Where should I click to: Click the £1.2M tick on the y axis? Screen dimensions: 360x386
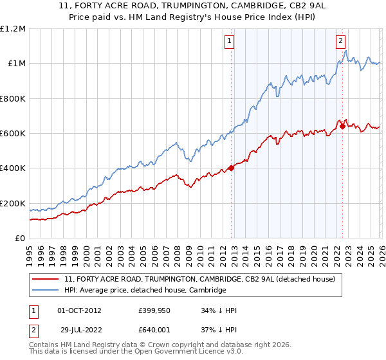coord(13,29)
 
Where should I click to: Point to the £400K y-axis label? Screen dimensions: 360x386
coord(13,168)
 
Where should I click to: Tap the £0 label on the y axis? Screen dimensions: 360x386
coord(21,239)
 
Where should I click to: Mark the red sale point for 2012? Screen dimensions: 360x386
coord(231,169)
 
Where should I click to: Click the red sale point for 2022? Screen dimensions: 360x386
coord(342,126)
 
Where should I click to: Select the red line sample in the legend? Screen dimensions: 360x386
coord(46,280)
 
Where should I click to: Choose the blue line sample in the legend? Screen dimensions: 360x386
coord(46,291)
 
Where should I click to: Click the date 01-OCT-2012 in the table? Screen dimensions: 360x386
coord(79,310)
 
